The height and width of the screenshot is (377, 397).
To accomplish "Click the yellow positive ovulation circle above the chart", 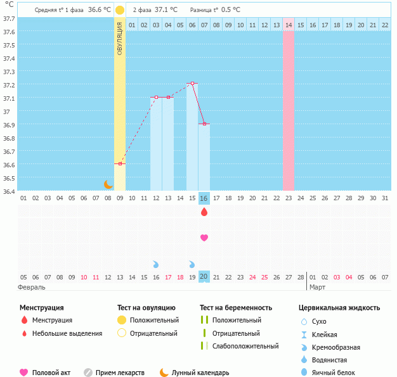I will coord(120,10).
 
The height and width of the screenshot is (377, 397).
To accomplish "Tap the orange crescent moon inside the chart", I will coord(108,184).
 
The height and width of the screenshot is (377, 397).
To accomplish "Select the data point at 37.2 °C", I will coord(192,83).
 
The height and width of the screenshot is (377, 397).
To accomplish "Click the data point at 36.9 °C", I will coord(204,124).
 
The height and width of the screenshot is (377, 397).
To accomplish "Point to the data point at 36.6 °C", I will coord(120,163).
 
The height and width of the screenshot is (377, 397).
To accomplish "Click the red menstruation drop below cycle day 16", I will coord(204,212).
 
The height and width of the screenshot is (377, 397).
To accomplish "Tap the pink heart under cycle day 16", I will coord(204,238).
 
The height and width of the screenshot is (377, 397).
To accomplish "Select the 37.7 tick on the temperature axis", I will coord(9,19).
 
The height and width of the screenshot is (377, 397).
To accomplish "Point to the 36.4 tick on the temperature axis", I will coord(9,191).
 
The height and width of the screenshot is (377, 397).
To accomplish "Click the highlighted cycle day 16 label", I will coord(204,198).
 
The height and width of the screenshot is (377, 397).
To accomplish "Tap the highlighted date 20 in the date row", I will coord(204,277).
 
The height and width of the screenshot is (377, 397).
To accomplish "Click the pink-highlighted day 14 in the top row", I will coord(288,25).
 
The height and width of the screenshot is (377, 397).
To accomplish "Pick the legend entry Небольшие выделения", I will coord(67,333).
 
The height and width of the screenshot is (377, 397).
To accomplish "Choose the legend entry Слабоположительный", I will coord(245,346).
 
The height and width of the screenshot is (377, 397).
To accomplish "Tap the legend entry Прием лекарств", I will coord(119,373).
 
